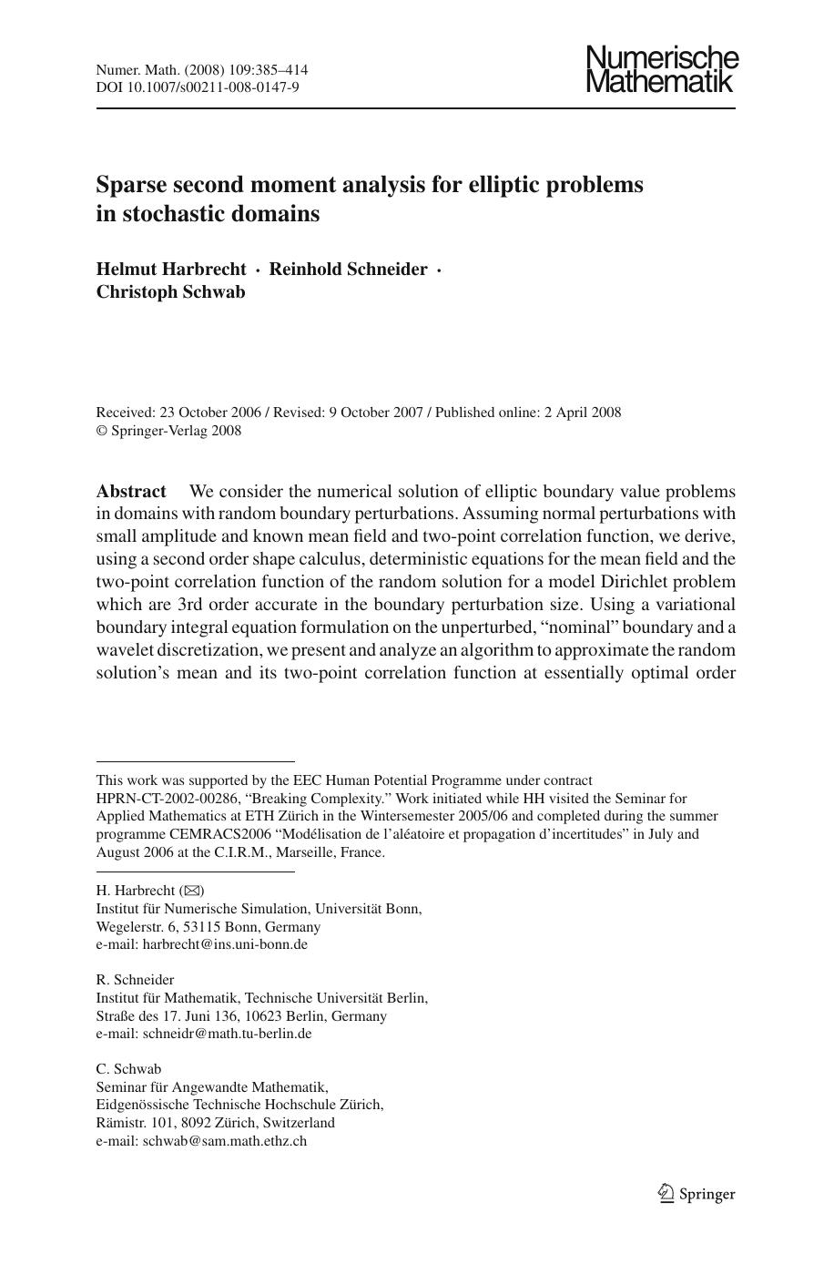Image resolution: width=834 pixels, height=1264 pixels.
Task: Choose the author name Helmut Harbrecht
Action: [x=171, y=270]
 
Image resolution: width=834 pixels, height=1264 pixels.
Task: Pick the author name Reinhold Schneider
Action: [x=348, y=270]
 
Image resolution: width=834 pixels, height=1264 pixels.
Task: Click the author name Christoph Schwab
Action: [x=171, y=292]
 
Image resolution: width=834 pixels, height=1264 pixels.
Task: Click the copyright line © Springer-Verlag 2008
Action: [x=169, y=431]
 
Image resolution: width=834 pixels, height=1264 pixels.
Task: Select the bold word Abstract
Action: [x=131, y=491]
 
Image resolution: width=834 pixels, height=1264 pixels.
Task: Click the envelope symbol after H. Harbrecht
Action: [x=193, y=891]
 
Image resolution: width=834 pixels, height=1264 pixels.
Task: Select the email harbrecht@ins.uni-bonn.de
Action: [x=225, y=944]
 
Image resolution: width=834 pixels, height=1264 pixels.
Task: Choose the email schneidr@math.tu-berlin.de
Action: [x=227, y=1034]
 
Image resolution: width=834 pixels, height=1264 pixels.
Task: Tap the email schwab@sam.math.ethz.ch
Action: [x=224, y=1141]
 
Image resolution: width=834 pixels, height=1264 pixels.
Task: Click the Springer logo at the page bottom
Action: [x=697, y=1194]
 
